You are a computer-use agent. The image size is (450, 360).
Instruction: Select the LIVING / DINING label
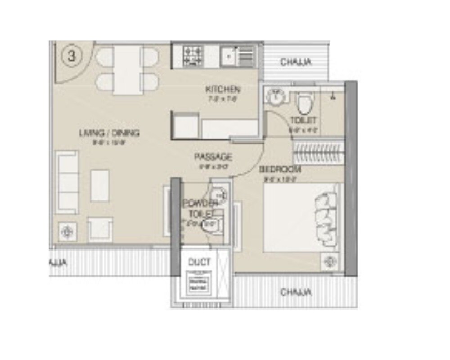109,133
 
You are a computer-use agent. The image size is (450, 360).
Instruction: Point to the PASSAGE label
213,157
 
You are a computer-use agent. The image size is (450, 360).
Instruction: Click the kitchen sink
229,56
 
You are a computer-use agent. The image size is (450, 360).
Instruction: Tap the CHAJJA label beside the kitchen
296,62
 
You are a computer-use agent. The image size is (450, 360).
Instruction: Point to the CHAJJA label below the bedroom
296,292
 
